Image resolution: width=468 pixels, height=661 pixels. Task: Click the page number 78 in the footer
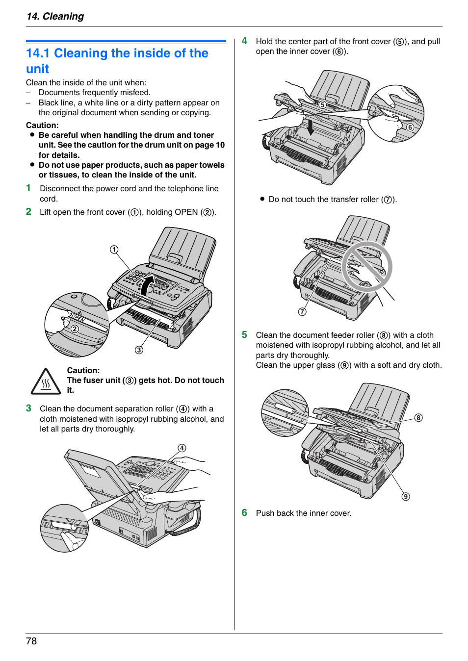[31, 641]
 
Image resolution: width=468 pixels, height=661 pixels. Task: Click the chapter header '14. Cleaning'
[55, 16]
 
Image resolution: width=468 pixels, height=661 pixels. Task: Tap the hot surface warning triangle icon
[46, 381]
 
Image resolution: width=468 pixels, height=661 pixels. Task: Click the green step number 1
[28, 188]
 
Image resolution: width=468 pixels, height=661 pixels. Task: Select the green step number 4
[244, 41]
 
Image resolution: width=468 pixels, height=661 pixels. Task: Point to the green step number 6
[244, 512]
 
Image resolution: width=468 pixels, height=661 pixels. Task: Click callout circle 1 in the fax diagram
[114, 250]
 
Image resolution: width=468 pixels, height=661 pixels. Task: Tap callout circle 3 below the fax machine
[139, 350]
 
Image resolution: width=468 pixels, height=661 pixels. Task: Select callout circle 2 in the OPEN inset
[75, 329]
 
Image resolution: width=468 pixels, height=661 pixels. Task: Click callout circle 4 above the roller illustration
[182, 448]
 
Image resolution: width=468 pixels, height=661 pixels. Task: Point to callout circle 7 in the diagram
[302, 312]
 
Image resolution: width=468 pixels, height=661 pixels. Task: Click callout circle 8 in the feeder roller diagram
[418, 418]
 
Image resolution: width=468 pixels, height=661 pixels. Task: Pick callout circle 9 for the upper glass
[406, 496]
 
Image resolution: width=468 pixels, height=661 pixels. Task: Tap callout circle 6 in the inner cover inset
[410, 127]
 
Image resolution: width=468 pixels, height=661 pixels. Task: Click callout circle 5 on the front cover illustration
[322, 105]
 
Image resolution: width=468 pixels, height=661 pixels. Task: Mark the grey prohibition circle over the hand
[367, 267]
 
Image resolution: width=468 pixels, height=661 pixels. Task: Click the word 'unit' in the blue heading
[38, 69]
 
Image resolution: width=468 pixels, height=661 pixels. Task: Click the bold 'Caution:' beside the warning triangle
[83, 370]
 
